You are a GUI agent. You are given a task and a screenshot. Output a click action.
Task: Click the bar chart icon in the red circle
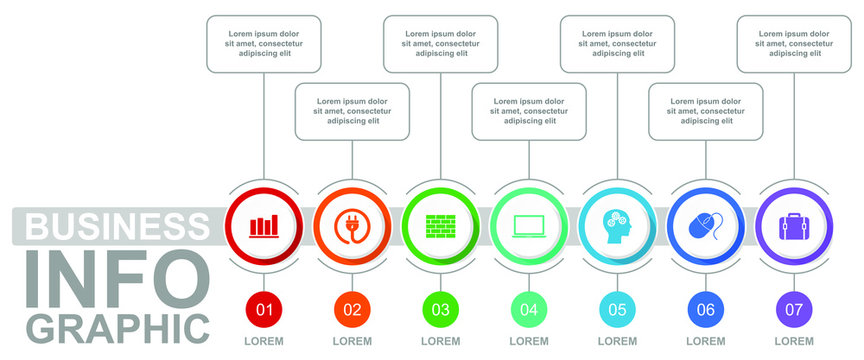[x=264, y=225]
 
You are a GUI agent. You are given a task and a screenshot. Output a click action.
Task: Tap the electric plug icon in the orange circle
[x=352, y=225]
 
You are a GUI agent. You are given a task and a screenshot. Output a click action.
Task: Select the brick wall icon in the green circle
[x=440, y=225]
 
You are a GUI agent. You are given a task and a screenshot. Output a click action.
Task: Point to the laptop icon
[x=528, y=226]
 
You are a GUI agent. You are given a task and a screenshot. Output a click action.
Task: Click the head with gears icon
[x=617, y=225]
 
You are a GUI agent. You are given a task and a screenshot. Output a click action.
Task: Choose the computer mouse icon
[x=705, y=226]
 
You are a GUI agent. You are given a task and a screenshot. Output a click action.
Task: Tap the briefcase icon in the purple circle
[x=793, y=225]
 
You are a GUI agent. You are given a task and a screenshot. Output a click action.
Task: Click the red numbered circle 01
[x=264, y=309]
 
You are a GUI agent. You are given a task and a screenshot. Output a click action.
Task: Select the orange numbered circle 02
[x=352, y=309]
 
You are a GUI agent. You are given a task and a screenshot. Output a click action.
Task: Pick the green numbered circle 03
[x=440, y=309]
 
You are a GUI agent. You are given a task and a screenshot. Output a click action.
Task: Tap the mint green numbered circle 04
[x=528, y=309]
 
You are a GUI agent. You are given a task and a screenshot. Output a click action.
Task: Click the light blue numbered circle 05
[x=617, y=309]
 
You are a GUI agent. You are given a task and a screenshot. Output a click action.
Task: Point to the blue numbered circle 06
[x=705, y=309]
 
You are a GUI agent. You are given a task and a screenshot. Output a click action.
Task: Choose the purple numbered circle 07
[x=793, y=309]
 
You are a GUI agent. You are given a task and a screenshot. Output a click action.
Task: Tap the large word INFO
[x=117, y=277]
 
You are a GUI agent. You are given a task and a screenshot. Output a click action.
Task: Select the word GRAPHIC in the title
[x=117, y=327]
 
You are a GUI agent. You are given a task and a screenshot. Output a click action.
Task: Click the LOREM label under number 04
[x=528, y=341]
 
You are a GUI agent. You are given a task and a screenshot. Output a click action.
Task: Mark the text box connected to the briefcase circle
[x=793, y=44]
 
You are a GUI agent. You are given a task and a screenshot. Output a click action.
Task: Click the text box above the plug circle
[x=352, y=111]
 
